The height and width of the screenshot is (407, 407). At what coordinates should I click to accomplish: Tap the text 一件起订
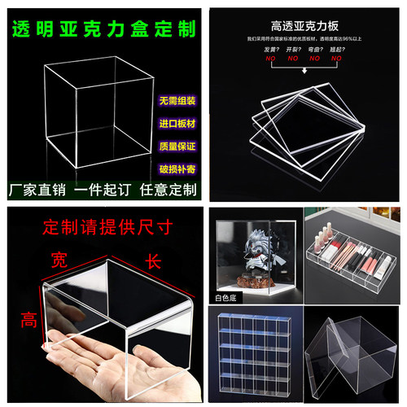click(x=101, y=192)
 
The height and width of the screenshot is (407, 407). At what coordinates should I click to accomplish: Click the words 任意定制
click(x=168, y=192)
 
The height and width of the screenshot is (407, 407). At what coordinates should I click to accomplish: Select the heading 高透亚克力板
click(x=305, y=25)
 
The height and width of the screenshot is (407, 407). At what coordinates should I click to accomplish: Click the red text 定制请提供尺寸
click(x=101, y=224)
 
